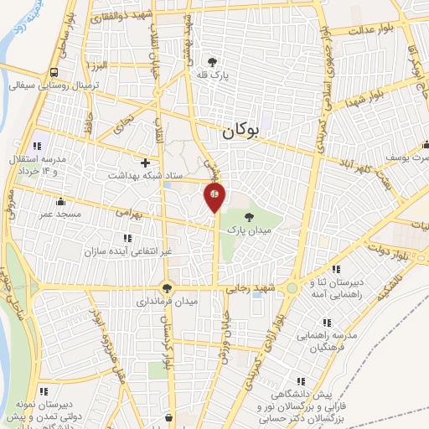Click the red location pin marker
coord(214,196)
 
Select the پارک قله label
coord(213,75)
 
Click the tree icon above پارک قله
coord(213,61)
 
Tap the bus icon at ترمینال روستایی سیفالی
coord(54,72)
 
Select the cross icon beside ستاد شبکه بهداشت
coord(147,163)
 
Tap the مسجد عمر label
coord(59,214)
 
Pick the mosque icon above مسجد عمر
coord(59,201)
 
